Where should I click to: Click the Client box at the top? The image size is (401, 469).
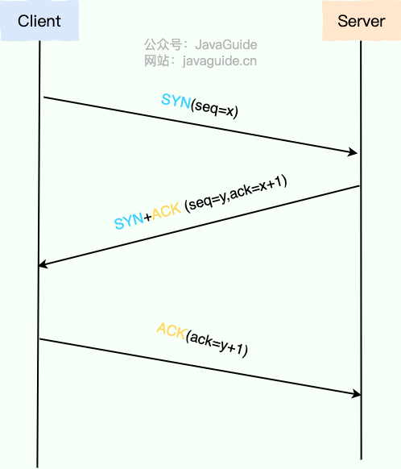tap(39, 20)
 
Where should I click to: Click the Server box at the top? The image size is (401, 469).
tap(362, 20)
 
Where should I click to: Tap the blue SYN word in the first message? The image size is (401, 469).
tap(176, 101)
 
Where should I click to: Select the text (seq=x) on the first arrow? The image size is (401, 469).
tap(214, 109)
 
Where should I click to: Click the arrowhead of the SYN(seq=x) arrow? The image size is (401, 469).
tap(353, 152)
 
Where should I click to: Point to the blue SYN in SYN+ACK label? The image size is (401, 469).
tap(129, 221)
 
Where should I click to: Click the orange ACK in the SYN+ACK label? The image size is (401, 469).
tap(167, 211)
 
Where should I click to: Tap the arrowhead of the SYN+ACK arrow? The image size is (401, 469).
tap(43, 264)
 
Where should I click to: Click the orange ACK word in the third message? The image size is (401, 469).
tap(172, 330)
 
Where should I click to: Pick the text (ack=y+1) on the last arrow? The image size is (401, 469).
tap(217, 344)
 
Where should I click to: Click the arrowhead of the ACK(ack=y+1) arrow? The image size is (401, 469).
tap(357, 394)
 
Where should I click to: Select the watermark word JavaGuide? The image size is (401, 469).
tap(226, 45)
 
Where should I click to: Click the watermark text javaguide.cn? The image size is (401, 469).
tap(220, 60)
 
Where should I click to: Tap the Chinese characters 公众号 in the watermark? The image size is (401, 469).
tap(163, 45)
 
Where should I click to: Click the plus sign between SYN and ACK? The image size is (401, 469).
tap(147, 217)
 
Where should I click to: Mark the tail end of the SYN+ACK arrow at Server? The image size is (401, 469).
tap(359, 186)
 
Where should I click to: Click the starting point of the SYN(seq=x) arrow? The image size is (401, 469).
tap(44, 97)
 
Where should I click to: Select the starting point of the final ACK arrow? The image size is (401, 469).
tap(39, 339)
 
